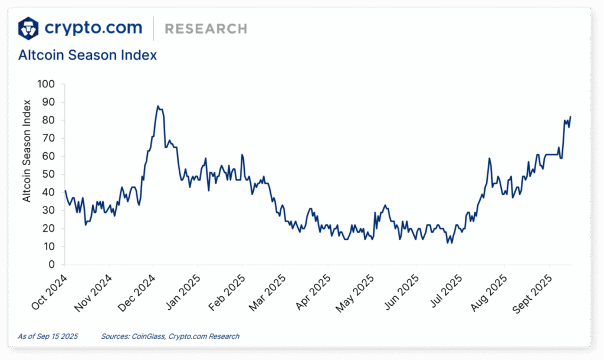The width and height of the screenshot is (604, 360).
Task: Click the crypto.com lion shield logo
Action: pyautogui.click(x=29, y=28)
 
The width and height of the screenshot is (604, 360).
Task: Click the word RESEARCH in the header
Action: pyautogui.click(x=206, y=28)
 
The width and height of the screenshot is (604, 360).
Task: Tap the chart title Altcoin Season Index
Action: pyautogui.click(x=87, y=55)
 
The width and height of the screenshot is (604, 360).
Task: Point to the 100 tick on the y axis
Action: pyautogui.click(x=45, y=84)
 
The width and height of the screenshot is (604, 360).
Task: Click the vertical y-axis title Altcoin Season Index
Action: pyautogui.click(x=27, y=151)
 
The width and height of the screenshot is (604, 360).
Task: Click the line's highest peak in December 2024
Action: pyautogui.click(x=157, y=106)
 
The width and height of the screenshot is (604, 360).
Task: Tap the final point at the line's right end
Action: pyautogui.click(x=570, y=116)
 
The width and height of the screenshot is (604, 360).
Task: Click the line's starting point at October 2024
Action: pyautogui.click(x=65, y=191)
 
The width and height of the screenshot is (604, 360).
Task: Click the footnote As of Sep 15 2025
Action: pyautogui.click(x=47, y=336)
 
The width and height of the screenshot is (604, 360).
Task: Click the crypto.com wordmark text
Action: pyautogui.click(x=93, y=28)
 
